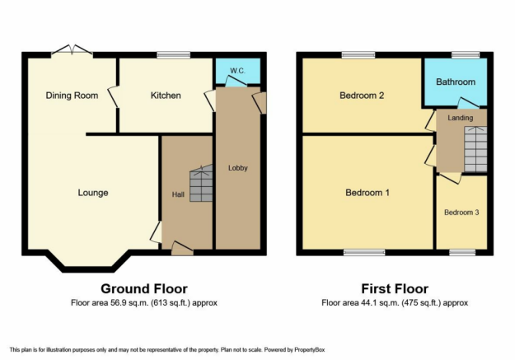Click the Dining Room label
(x=72, y=96)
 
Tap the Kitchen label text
(x=166, y=96)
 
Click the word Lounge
(x=93, y=193)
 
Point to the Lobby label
(x=238, y=168)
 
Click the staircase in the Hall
(x=201, y=183)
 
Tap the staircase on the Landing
(x=475, y=149)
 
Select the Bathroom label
(x=456, y=82)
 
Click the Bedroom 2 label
(x=362, y=96)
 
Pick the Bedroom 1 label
(x=368, y=193)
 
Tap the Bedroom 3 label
(x=461, y=213)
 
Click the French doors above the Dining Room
(x=72, y=51)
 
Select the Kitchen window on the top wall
(x=173, y=55)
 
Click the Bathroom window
(x=465, y=55)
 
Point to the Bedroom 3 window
(x=462, y=252)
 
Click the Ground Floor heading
(x=144, y=288)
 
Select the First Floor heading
(x=395, y=288)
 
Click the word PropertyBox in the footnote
(x=309, y=350)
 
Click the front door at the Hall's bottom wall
(x=182, y=249)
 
